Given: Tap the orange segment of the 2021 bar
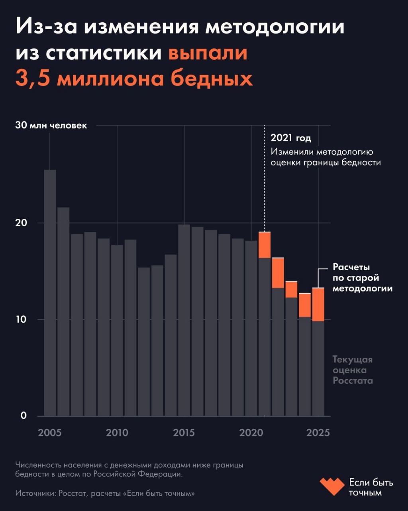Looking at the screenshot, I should [265, 245].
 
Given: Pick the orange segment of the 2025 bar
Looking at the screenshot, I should [318, 304].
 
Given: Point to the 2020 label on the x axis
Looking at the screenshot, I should [251, 433].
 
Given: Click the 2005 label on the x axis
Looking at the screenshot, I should [50, 433].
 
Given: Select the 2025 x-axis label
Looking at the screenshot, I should [318, 433].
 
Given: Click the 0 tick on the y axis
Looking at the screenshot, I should [24, 416].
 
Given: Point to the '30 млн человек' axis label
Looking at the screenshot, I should [51, 125].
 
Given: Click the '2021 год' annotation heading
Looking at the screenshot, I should [291, 138].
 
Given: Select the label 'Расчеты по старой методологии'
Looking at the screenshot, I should [363, 278].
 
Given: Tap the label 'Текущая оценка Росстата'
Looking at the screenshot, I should [353, 370].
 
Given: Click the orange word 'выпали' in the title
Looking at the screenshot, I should [208, 53].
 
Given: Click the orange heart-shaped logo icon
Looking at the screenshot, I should [331, 487].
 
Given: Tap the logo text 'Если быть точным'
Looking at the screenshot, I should [371, 487].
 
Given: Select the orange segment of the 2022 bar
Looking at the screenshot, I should [278, 273].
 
